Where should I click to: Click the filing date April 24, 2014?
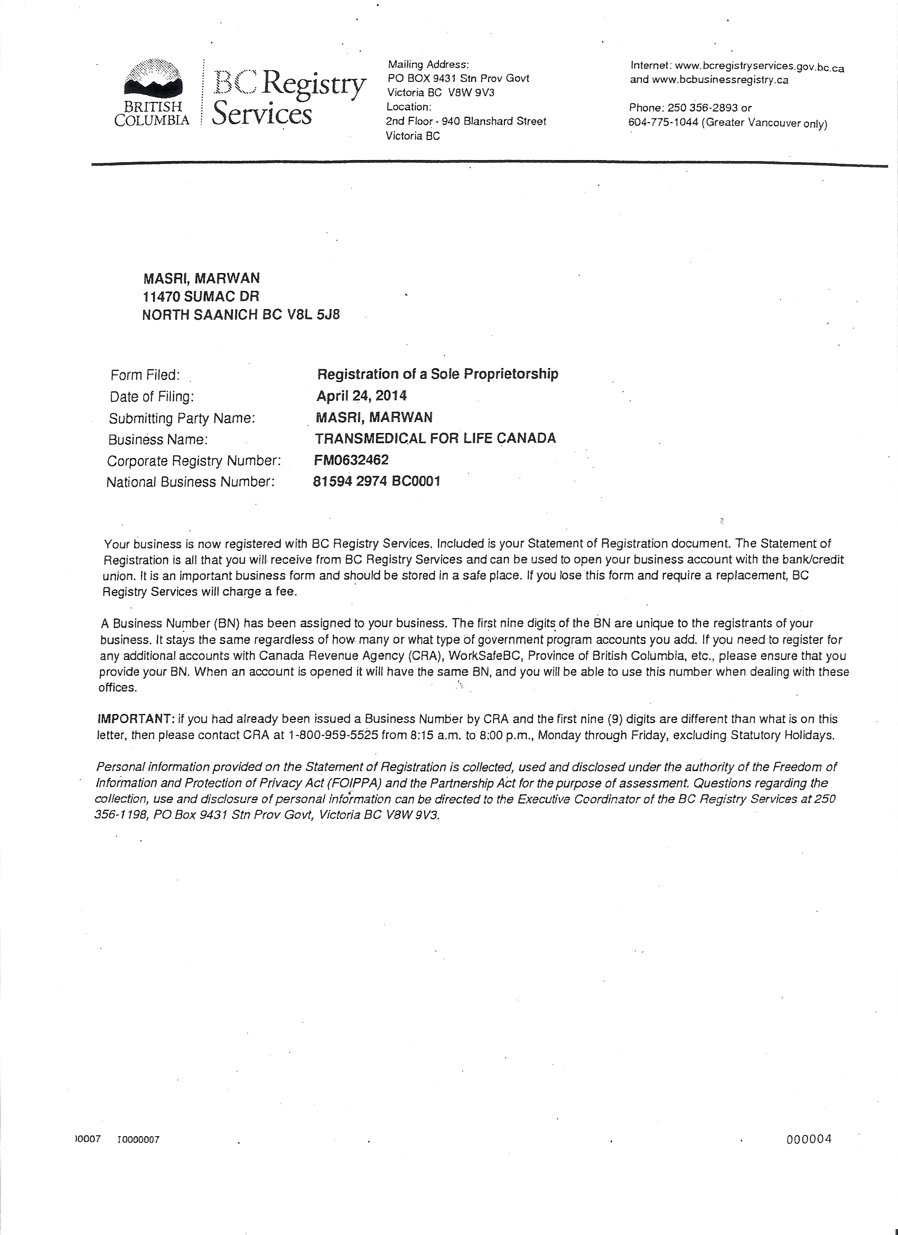[x=362, y=395]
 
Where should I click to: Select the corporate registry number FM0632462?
[x=351, y=460]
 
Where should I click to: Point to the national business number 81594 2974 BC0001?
[x=377, y=481]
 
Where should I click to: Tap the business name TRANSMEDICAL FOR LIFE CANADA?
[x=436, y=438]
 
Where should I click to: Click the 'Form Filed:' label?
[x=145, y=375]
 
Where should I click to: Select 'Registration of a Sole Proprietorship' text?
[x=438, y=374]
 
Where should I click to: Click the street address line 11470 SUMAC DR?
[x=200, y=296]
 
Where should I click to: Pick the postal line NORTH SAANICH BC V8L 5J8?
[x=241, y=315]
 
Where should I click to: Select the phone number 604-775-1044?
[x=663, y=123]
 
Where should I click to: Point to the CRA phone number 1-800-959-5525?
[x=333, y=736]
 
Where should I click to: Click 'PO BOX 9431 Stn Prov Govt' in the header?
[x=458, y=78]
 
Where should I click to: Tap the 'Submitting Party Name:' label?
[x=182, y=418]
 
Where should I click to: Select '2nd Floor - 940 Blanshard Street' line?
[x=465, y=121]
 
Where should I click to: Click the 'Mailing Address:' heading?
[x=428, y=64]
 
